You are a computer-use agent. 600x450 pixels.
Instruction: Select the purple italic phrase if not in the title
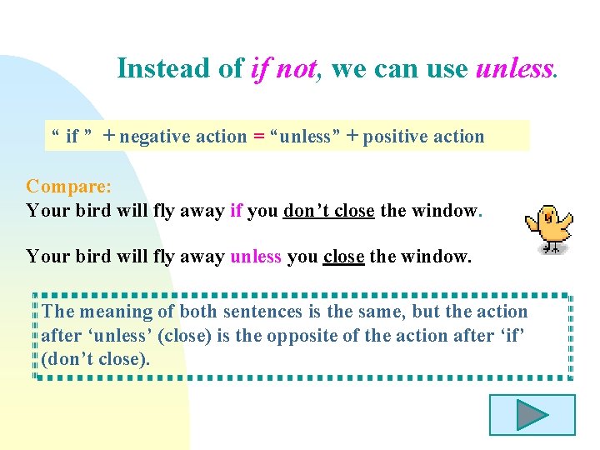click(x=283, y=68)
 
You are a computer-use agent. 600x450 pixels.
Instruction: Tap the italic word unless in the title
click(x=514, y=68)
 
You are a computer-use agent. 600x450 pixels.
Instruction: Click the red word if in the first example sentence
click(x=235, y=211)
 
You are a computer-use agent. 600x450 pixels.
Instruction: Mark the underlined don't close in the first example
click(x=329, y=211)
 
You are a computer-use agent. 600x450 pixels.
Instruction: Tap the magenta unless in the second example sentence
click(x=256, y=257)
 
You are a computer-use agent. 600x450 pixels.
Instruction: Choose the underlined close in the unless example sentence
click(x=343, y=257)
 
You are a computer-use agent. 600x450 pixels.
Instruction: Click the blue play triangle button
click(x=532, y=414)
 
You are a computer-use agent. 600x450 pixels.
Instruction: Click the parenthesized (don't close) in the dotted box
click(x=96, y=360)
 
